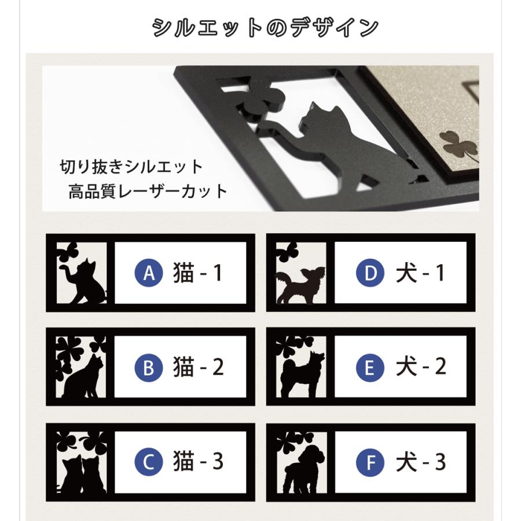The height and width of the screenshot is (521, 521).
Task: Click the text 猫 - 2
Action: (x=197, y=368)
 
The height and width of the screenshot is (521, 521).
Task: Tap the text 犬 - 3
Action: (x=421, y=462)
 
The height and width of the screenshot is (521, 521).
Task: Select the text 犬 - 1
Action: (x=421, y=273)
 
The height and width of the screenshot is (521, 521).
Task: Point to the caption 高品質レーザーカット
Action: (x=148, y=192)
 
